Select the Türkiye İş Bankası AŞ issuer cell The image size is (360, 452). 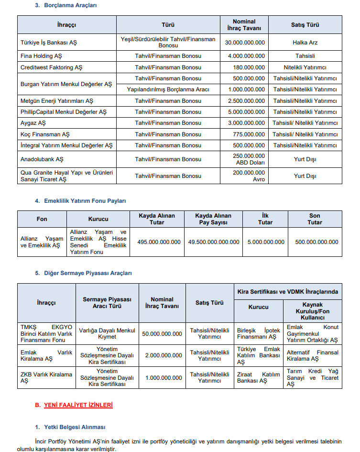click(x=49, y=43)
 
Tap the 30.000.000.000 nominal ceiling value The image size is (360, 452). click(x=244, y=43)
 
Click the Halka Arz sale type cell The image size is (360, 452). click(x=305, y=43)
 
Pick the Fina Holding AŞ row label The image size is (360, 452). click(x=41, y=56)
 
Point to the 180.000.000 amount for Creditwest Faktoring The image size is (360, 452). click(x=244, y=67)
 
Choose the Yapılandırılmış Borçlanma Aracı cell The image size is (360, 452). click(x=168, y=89)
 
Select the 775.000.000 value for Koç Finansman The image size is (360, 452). click(x=244, y=134)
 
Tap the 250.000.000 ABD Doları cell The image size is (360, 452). click(x=244, y=159)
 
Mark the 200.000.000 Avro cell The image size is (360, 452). click(x=244, y=176)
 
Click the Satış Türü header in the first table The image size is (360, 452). click(x=305, y=25)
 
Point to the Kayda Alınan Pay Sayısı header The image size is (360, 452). click(x=214, y=219)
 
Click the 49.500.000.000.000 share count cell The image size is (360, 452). click(x=214, y=242)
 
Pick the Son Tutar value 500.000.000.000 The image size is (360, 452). click(x=316, y=242)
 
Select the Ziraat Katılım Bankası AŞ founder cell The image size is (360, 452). click(x=258, y=378)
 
